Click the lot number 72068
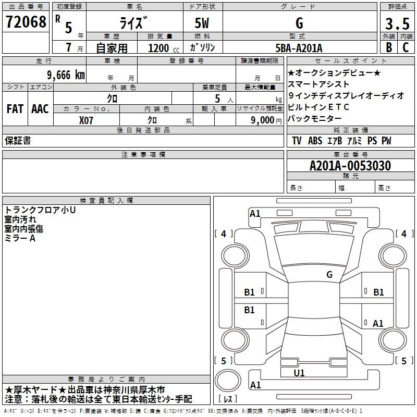click(x=26, y=22)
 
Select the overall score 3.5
click(x=397, y=23)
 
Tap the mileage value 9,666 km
click(x=66, y=75)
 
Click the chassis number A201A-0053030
click(x=350, y=166)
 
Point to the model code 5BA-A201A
click(x=299, y=48)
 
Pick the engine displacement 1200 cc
click(x=164, y=48)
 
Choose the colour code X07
click(x=86, y=120)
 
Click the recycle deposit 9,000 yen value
click(x=266, y=120)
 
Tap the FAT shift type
click(x=15, y=109)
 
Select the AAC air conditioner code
click(x=40, y=109)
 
